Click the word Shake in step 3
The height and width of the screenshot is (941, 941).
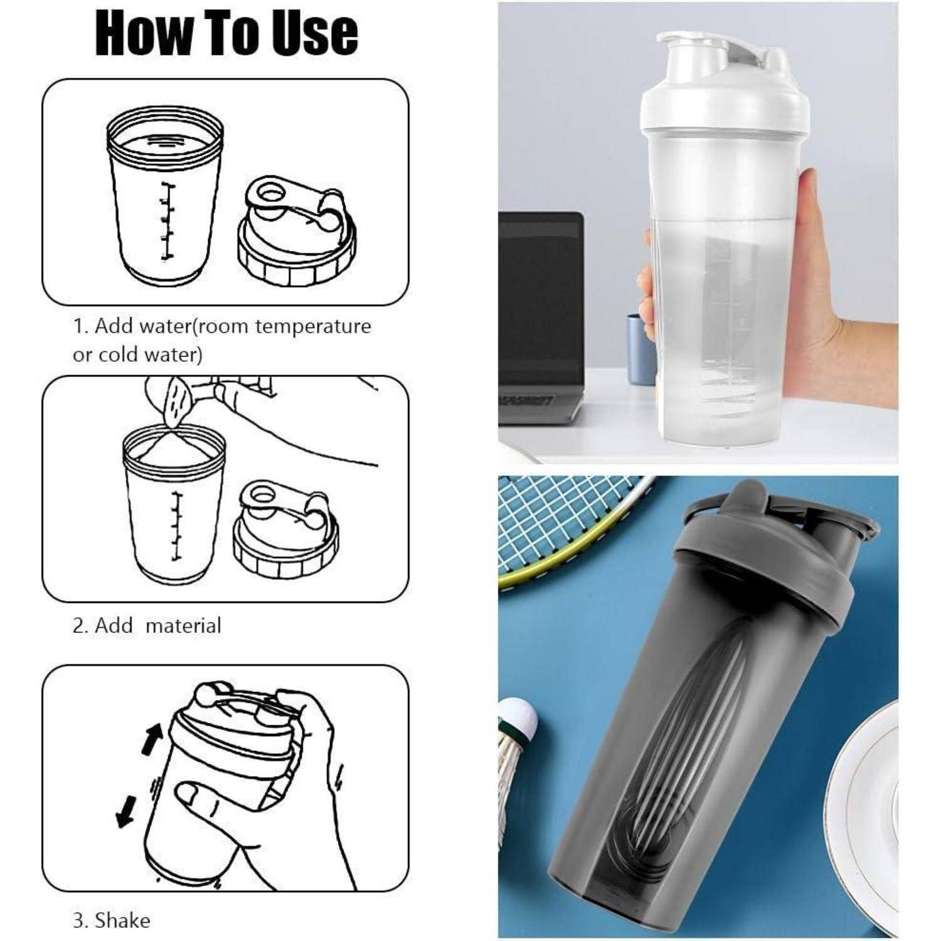[x=123, y=920]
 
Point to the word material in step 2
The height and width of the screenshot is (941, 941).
[x=183, y=625]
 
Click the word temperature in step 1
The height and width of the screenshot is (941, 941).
[x=313, y=327]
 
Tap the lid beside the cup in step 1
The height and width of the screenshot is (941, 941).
[x=296, y=230]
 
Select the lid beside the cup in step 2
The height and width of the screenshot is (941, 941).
[x=285, y=528]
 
